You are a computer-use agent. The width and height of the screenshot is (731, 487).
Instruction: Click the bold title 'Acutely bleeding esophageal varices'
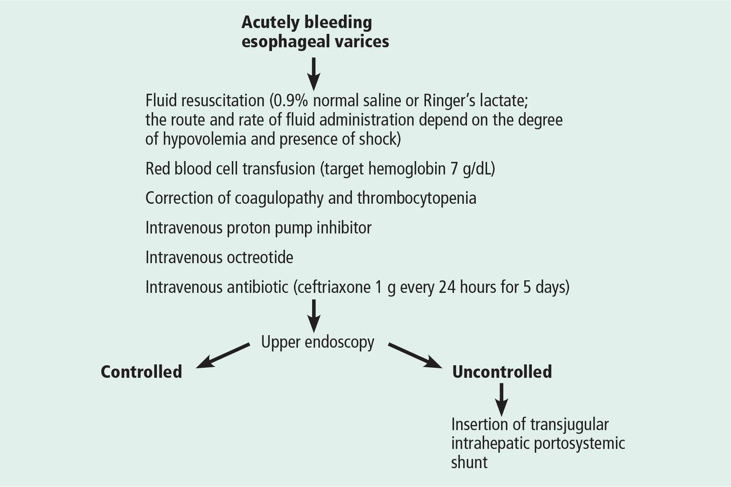pos(315,32)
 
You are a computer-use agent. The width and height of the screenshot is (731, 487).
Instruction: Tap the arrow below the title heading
pos(314,74)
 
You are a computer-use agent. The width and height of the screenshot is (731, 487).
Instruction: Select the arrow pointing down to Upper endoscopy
pos(314,316)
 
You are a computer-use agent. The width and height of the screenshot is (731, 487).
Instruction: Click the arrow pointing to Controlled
pos(223,356)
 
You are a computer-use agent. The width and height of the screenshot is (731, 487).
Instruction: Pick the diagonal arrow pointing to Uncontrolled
pos(415,356)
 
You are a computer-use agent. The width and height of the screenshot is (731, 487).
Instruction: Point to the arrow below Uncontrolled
pos(501,400)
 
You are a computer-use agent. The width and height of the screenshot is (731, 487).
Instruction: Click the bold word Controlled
pos(141,372)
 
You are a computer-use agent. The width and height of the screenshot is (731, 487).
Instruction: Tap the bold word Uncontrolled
pos(502,372)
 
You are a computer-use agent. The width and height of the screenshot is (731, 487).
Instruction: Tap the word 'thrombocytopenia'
pos(417,198)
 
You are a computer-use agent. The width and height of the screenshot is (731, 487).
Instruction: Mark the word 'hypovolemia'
pos(204,139)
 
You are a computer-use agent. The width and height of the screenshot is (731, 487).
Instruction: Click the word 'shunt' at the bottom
pos(469,462)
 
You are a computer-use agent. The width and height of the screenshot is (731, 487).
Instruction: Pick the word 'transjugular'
pos(569,425)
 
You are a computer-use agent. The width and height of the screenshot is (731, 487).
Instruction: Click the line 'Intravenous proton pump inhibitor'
pos(259,228)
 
